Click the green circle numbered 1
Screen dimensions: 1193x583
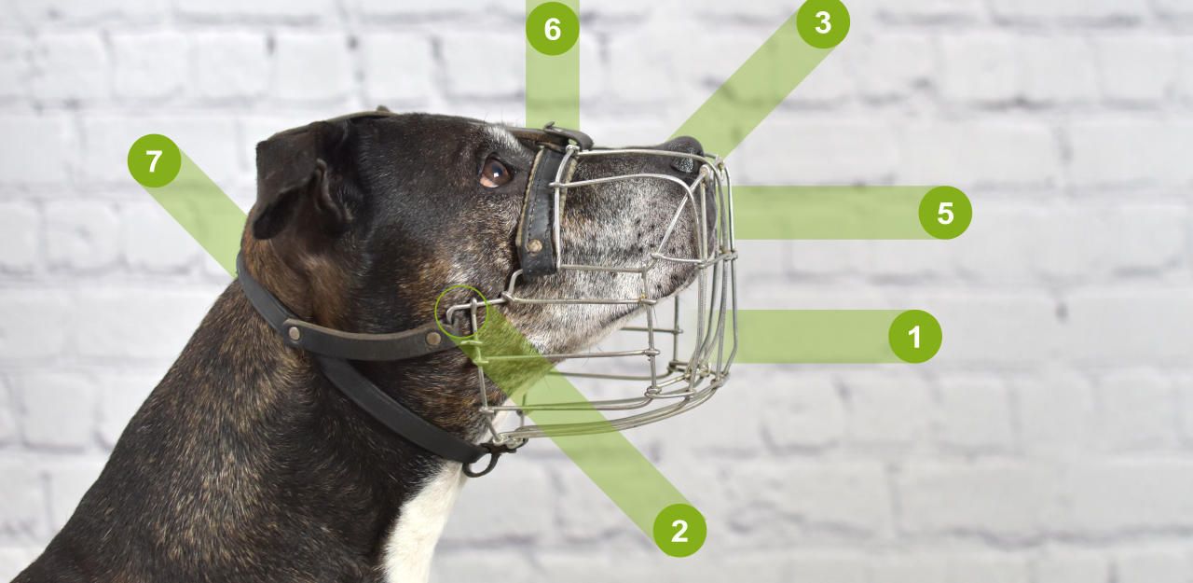pyautogui.click(x=915, y=336)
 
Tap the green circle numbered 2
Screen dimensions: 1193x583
pyautogui.click(x=679, y=530)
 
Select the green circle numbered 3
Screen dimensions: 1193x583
pyautogui.click(x=823, y=22)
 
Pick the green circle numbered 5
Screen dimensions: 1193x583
pyautogui.click(x=945, y=212)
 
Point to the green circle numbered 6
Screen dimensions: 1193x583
pyautogui.click(x=553, y=28)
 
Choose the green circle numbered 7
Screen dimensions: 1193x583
pyautogui.click(x=154, y=160)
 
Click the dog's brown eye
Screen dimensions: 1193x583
pyautogui.click(x=495, y=173)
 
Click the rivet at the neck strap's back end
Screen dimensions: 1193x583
pyautogui.click(x=293, y=334)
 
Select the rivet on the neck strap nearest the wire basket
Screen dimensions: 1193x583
pyautogui.click(x=433, y=338)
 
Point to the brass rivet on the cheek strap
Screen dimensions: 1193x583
pyautogui.click(x=533, y=245)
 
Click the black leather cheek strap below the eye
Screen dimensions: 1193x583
pyautogui.click(x=541, y=214)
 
